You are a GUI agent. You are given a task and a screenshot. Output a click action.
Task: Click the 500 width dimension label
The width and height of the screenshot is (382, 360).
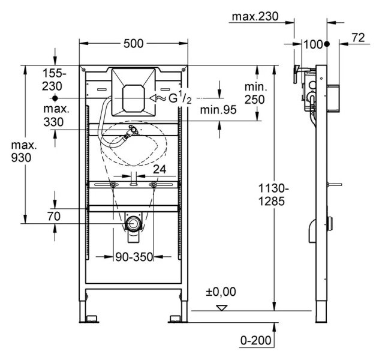coord(133,43)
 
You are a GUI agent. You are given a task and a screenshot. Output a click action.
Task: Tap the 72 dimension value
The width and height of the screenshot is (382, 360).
coord(357,37)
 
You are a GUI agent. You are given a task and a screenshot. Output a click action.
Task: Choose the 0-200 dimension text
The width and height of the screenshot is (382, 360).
coord(255,341)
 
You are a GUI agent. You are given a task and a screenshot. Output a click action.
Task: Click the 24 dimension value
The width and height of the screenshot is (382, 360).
coord(159,169)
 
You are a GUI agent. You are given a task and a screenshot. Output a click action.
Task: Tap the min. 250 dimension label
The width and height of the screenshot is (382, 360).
coord(255,92)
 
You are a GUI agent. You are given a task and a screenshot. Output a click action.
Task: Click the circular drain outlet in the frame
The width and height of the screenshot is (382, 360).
coord(133,225)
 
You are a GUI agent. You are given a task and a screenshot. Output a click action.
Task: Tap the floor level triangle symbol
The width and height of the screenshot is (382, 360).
coord(222,308)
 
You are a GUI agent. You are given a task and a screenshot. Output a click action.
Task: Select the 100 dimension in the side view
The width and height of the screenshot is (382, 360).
coord(312,44)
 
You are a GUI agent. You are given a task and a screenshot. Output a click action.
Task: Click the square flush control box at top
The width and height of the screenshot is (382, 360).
coord(134,94)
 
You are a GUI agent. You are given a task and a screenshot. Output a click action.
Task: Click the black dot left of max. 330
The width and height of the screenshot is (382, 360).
coord(55,97)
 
